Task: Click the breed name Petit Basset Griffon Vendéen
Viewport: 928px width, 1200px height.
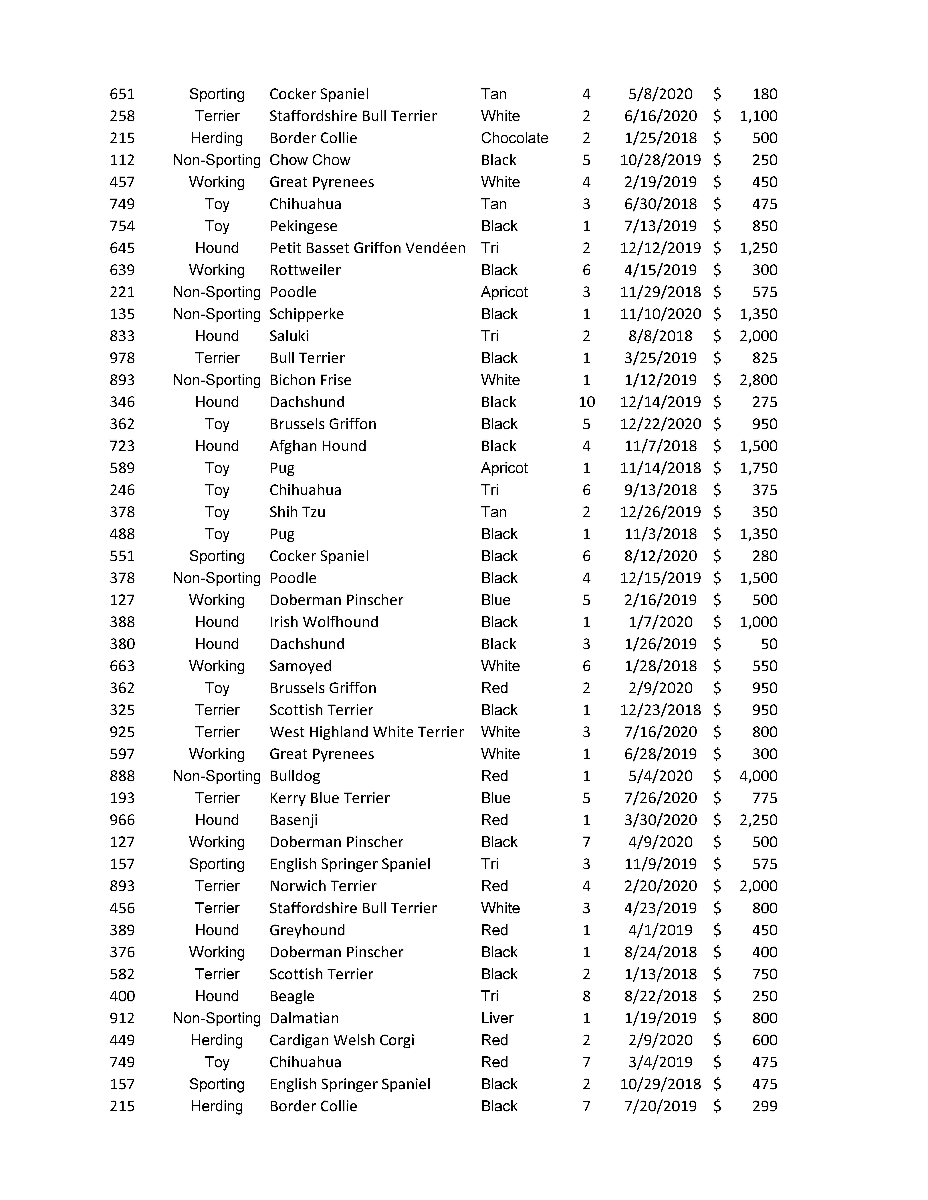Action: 367,248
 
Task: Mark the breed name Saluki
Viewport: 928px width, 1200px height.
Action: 289,336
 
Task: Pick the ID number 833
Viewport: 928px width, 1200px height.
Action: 122,336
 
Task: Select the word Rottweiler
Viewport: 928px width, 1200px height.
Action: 305,270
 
